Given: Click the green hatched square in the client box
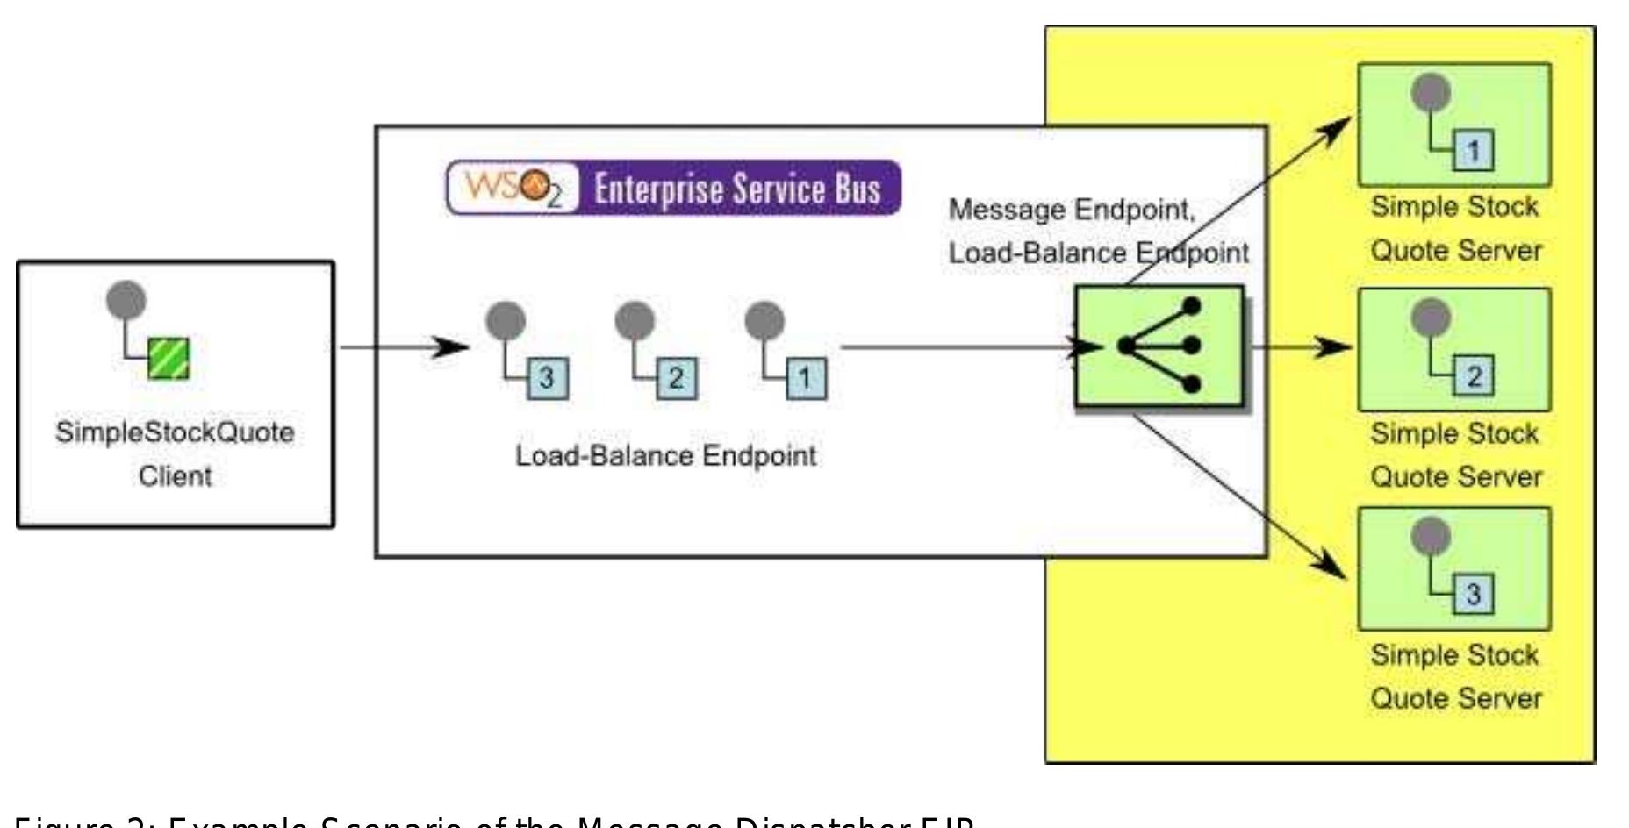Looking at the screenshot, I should [169, 359].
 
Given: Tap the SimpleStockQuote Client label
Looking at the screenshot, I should [175, 454].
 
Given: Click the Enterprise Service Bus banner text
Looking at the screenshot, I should [737, 189].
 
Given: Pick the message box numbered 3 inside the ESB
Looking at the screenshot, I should [547, 379].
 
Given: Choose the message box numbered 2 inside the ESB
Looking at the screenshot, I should [676, 379].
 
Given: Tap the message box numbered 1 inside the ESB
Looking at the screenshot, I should [805, 379].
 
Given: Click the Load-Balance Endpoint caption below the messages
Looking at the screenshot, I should [665, 456].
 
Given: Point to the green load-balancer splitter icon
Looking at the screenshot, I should [1159, 346].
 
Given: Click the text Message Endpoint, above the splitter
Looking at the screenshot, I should [1072, 211].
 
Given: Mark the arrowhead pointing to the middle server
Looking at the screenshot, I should [1335, 346].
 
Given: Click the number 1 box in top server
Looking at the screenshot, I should [1474, 152].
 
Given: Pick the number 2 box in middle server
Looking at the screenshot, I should [1474, 377].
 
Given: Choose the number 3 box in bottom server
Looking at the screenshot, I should [1474, 595].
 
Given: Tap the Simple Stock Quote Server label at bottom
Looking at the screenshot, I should [1455, 676].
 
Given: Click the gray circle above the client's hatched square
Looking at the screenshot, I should [126, 300].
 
